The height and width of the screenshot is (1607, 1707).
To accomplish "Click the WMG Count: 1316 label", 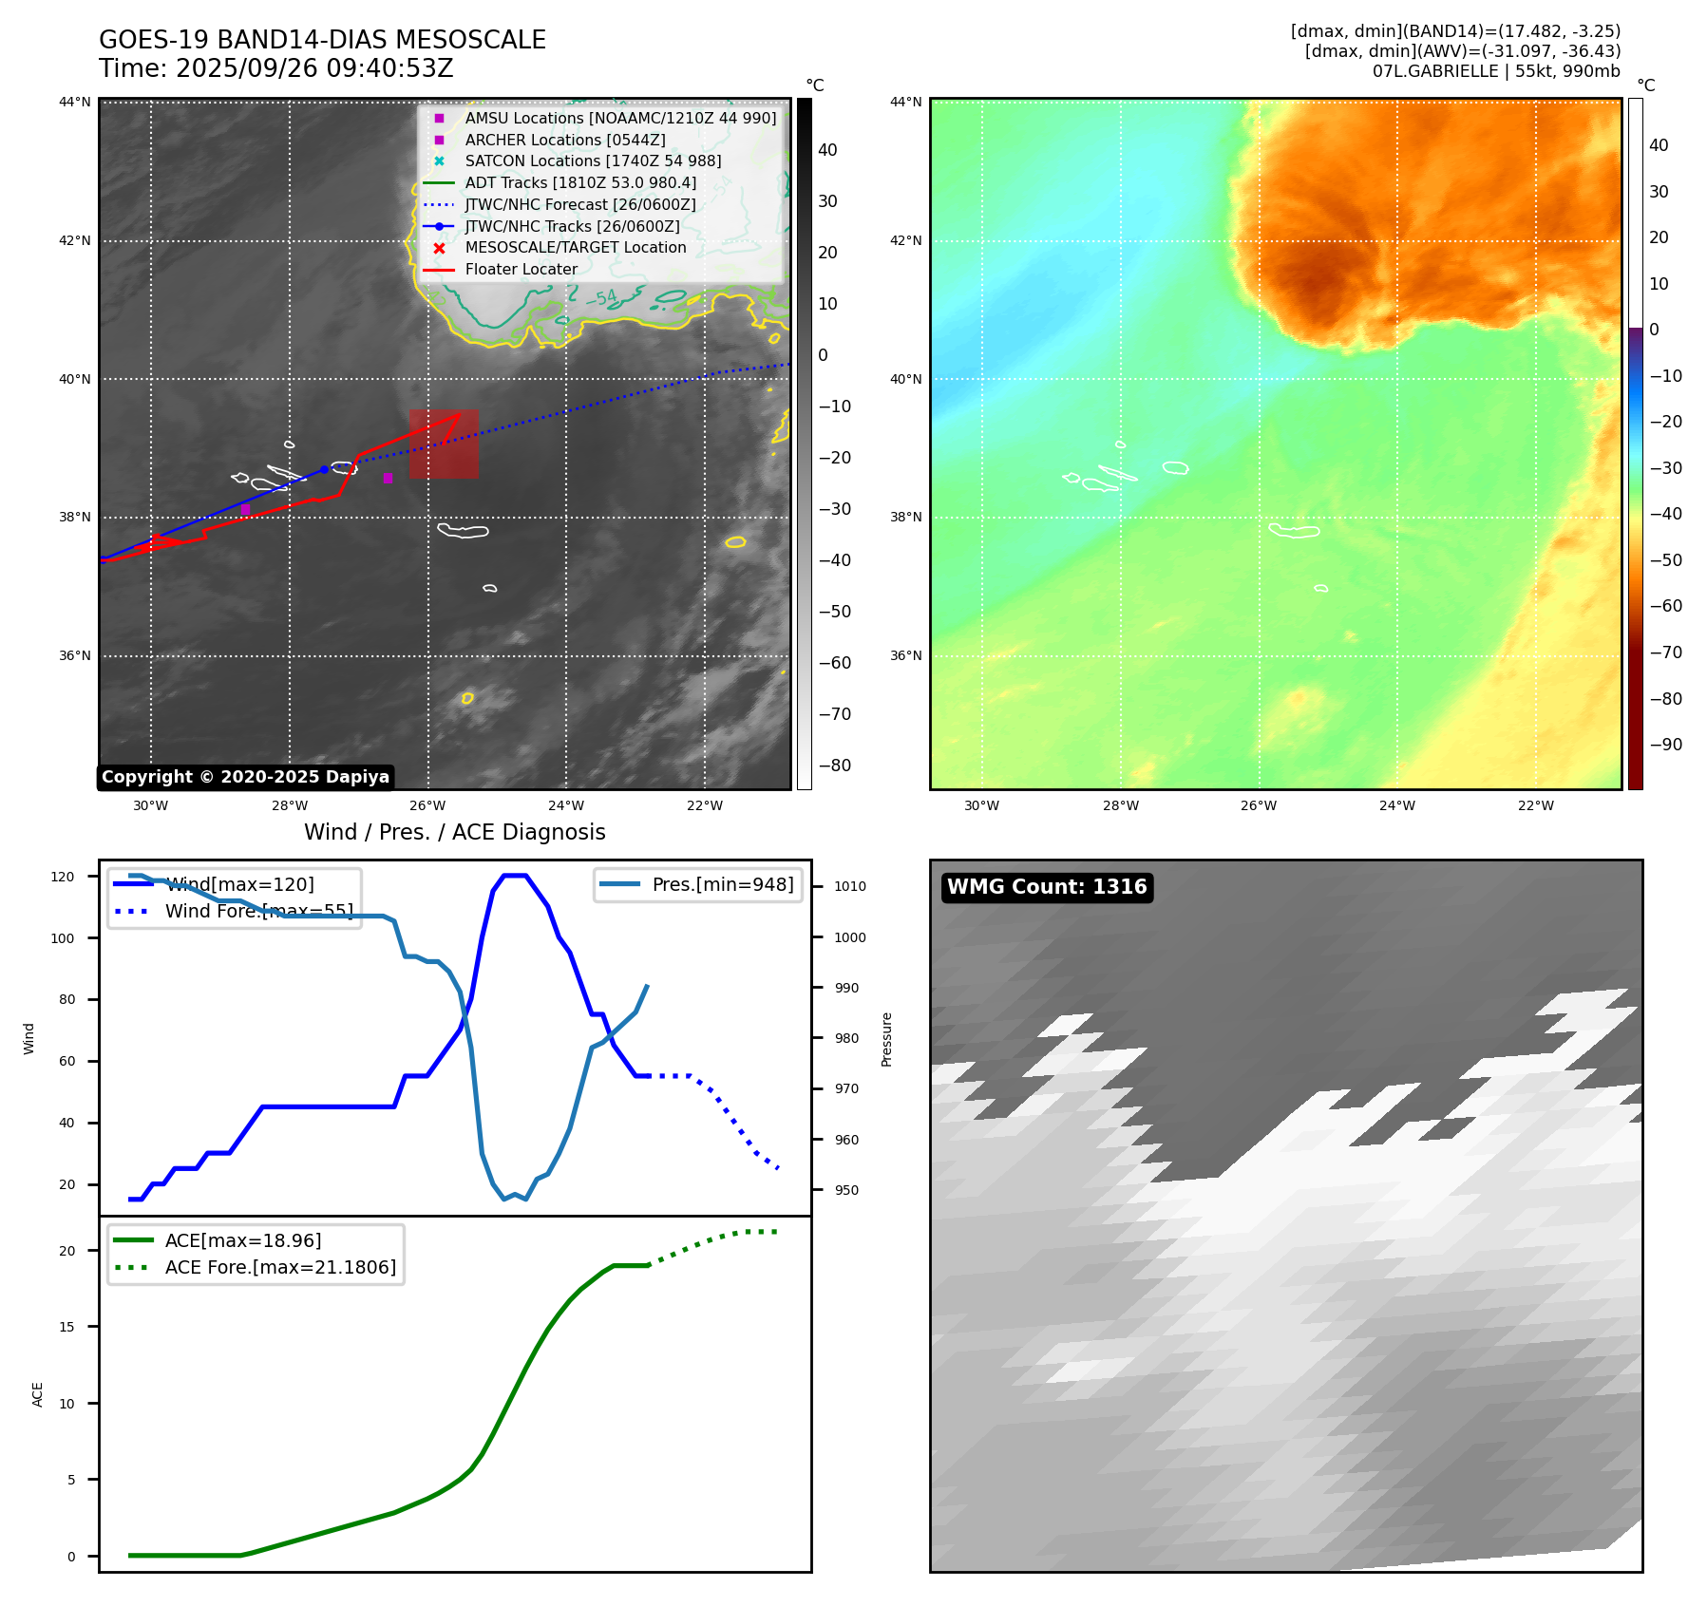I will click(x=1047, y=887).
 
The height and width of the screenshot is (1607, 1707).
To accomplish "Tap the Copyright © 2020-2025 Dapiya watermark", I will click(x=245, y=777).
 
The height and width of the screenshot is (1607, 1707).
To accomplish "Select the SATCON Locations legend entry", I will click(x=593, y=161).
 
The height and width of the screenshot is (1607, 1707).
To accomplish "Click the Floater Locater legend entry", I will click(x=521, y=270).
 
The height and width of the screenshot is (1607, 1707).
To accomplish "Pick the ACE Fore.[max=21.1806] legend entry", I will click(x=280, y=1268).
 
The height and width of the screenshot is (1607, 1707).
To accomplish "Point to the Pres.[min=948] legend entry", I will click(x=722, y=885).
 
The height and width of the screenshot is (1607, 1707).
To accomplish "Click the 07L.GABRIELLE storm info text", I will click(x=1495, y=71).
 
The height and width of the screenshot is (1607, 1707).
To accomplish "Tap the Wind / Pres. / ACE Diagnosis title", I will click(x=454, y=833).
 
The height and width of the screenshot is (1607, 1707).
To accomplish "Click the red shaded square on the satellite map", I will click(x=444, y=444).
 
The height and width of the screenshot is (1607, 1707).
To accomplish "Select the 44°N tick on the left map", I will click(x=75, y=103).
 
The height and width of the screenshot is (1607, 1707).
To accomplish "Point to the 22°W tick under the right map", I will click(x=1535, y=806).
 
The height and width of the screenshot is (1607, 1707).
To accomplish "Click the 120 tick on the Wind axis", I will click(x=63, y=877).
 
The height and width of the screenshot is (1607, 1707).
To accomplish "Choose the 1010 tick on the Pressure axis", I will click(x=850, y=887).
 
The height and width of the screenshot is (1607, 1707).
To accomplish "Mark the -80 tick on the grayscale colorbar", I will click(x=835, y=766).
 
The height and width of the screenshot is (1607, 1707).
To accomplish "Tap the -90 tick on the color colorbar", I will click(x=1666, y=745).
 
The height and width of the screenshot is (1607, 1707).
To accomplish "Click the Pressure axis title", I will click(x=887, y=1039).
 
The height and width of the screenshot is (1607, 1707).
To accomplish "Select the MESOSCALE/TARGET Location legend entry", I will click(x=575, y=248).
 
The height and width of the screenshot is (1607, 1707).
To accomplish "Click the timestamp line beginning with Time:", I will click(x=275, y=69).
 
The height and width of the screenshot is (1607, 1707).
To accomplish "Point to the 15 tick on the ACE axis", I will click(x=67, y=1327).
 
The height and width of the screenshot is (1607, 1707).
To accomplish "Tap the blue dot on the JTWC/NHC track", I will click(x=324, y=469).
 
